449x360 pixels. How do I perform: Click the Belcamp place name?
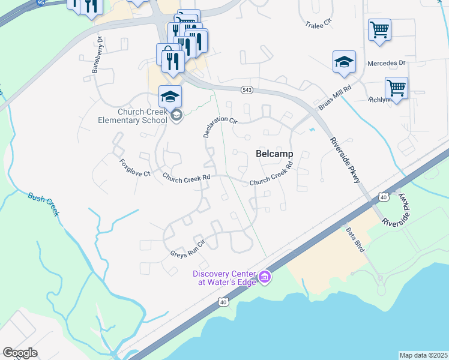pos(274,154)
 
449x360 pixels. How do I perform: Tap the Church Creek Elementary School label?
pos(133,116)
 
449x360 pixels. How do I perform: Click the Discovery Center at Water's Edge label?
pos(223,278)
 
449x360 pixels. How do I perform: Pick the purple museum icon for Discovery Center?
pos(265,278)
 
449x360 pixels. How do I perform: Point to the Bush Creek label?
pos(43,204)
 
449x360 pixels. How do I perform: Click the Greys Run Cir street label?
pos(188,248)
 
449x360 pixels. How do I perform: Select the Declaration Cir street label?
pos(220,124)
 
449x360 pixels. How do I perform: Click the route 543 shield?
pos(247,89)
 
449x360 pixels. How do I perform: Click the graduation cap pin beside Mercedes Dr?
pos(344,62)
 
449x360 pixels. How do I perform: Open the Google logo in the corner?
pos(20,352)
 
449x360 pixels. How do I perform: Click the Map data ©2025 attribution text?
pos(423,355)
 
